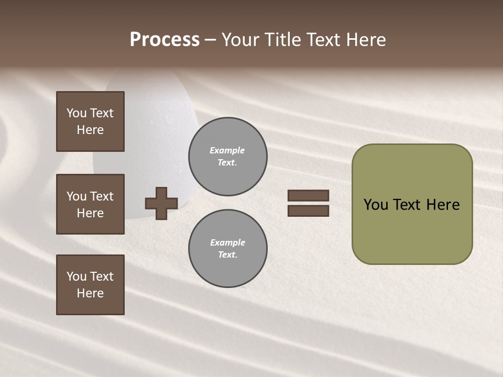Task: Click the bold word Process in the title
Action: point(165,40)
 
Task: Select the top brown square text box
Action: point(90,121)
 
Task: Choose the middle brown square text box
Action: point(90,204)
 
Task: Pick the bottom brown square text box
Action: point(90,285)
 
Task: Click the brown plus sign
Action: point(161,203)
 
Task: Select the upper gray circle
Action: point(228,157)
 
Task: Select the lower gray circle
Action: point(228,249)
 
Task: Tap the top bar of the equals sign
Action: point(308,196)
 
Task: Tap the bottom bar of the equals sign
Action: point(308,211)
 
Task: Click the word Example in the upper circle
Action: point(227,150)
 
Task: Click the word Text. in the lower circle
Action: point(227,255)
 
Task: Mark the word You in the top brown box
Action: point(76,113)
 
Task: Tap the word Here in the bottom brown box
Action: point(90,293)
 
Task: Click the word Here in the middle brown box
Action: point(90,213)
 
